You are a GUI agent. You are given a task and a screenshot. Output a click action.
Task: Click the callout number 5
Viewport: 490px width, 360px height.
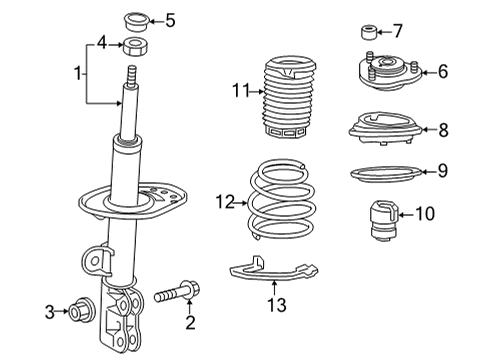coord(169,19)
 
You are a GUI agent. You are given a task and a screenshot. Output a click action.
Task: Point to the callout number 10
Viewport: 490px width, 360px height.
coord(425,213)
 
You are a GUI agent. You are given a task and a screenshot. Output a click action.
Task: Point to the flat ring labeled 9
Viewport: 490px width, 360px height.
coord(383,173)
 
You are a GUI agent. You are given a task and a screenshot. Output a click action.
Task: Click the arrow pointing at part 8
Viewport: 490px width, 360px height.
coord(424,129)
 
